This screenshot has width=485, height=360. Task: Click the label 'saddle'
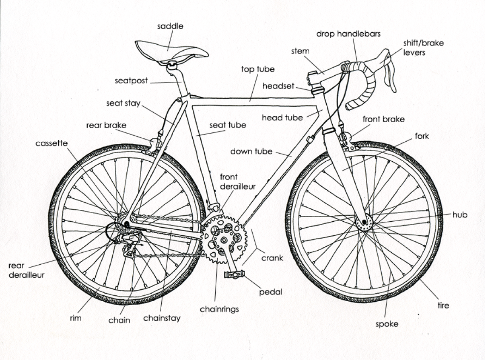tap(170, 26)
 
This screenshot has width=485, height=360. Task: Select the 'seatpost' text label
tap(131, 80)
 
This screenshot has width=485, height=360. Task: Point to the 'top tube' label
tap(258, 69)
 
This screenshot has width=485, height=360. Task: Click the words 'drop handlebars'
tap(348, 34)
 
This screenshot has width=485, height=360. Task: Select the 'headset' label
tap(278, 86)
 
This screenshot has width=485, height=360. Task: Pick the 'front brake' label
tap(383, 119)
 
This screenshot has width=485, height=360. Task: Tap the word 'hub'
tap(459, 215)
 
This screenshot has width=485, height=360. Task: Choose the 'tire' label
tap(443, 305)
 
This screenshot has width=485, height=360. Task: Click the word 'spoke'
tap(387, 324)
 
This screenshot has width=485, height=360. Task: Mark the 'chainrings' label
tap(219, 309)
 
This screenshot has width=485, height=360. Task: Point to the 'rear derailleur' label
tap(26, 270)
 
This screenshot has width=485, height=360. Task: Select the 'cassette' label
tap(51, 143)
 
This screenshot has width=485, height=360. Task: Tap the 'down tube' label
tap(251, 151)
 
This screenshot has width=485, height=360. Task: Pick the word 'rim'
tap(75, 317)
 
